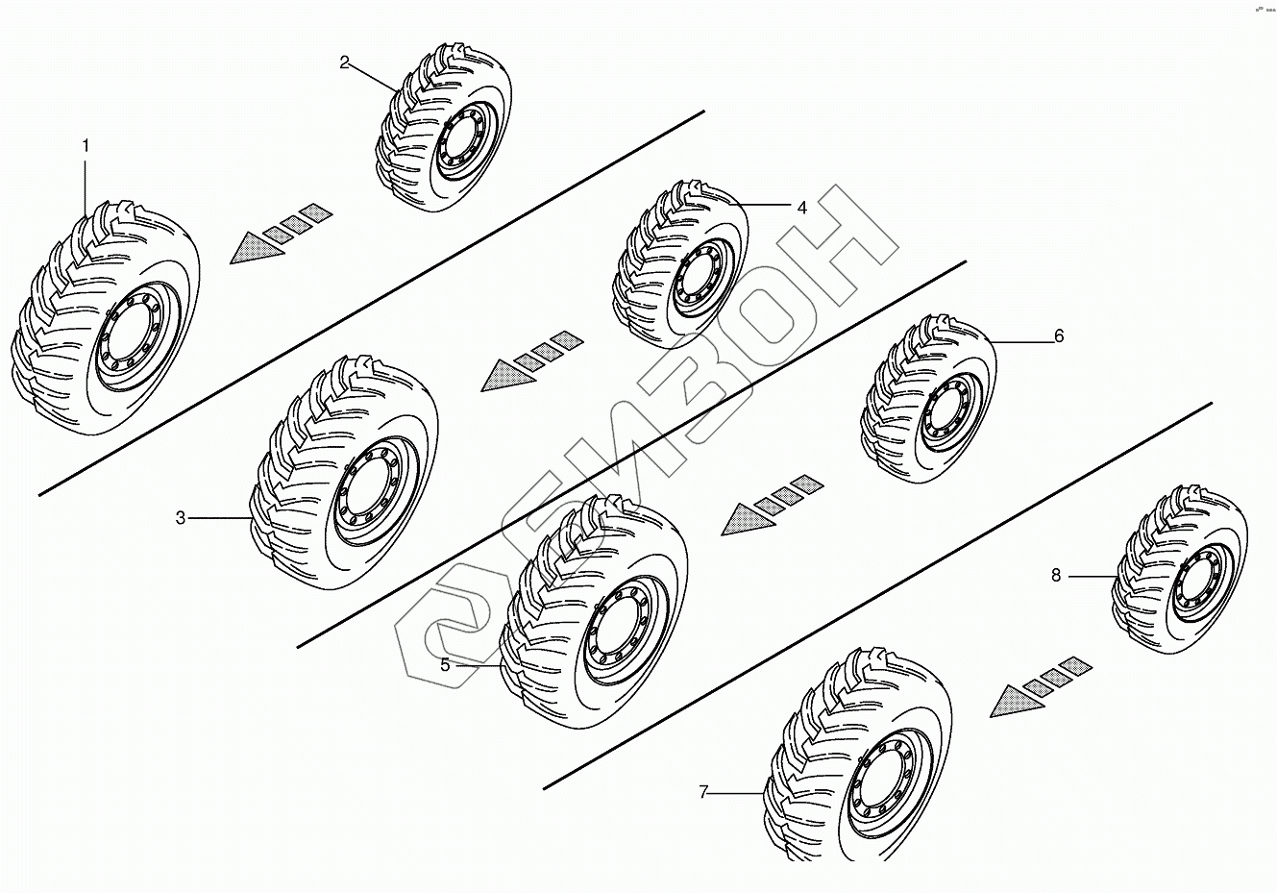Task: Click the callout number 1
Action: coord(86,146)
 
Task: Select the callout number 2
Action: coord(345,63)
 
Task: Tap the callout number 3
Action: coord(181,518)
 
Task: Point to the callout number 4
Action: coord(801,207)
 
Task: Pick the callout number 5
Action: coord(446,664)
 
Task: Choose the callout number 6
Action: coord(1059,335)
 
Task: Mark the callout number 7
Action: coord(703,792)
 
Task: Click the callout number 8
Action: coord(1056,575)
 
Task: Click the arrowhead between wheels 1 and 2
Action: coord(254,247)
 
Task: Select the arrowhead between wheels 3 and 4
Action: coord(504,376)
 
